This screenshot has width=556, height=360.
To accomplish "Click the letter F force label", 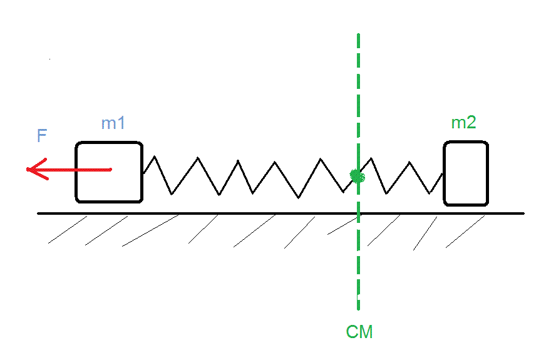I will pyautogui.click(x=42, y=136).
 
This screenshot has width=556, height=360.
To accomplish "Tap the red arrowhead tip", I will pyautogui.click(x=28, y=169).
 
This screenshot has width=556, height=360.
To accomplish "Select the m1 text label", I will pyautogui.click(x=113, y=123).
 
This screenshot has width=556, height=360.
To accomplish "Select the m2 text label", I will pyautogui.click(x=463, y=123).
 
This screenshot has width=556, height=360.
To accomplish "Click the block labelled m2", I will pyautogui.click(x=466, y=173).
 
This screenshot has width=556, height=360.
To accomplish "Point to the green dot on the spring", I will pyautogui.click(x=357, y=177).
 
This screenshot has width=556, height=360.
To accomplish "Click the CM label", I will pyautogui.click(x=359, y=332).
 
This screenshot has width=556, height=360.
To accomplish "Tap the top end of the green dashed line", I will pyautogui.click(x=358, y=34).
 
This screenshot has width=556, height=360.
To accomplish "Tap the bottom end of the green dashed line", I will pyautogui.click(x=358, y=308).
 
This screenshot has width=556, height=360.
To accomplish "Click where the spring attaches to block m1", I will pyautogui.click(x=143, y=173).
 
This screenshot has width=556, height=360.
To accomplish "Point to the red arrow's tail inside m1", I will pyautogui.click(x=111, y=169).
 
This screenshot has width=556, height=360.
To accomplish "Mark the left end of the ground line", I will pyautogui.click(x=38, y=213).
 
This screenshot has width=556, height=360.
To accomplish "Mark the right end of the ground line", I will pyautogui.click(x=523, y=213).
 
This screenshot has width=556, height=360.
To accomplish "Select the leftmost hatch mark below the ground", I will pyautogui.click(x=68, y=230).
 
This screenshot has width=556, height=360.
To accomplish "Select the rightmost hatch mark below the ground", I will pyautogui.click(x=465, y=231).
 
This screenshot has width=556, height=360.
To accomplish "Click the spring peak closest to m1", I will pyautogui.click(x=153, y=157).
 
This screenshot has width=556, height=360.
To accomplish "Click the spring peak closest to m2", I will pyautogui.click(x=410, y=163).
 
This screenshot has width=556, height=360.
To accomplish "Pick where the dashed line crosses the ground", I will pyautogui.click(x=358, y=213).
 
